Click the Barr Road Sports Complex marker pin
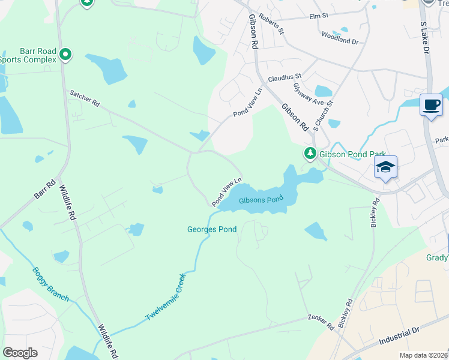pyautogui.click(x=65, y=55)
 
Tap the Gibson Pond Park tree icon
pyautogui.click(x=310, y=154)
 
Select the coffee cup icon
pyautogui.click(x=431, y=105)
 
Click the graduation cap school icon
pyautogui.click(x=385, y=167)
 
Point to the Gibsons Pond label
pyautogui.click(x=261, y=200)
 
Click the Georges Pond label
pyautogui.click(x=212, y=229)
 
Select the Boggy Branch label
pyautogui.click(x=50, y=284)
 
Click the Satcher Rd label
pyautogui.click(x=85, y=98)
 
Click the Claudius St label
pyautogui.click(x=284, y=77)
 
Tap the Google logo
pyautogui.click(x=20, y=353)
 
